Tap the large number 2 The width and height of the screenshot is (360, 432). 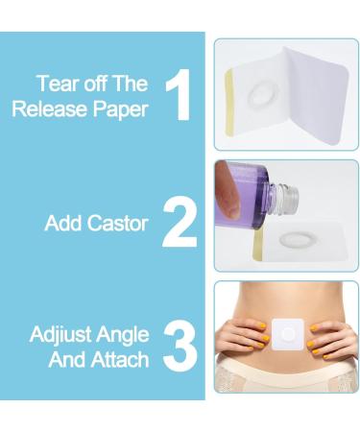(179, 223)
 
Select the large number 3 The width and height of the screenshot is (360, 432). (179, 347)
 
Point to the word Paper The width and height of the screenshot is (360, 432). (121, 108)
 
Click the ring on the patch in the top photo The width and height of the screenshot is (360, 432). (260, 97)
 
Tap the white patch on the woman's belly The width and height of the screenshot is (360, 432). (285, 334)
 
